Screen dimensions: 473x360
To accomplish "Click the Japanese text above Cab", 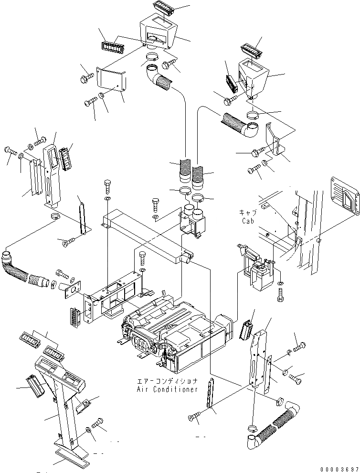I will [x=247, y=213].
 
